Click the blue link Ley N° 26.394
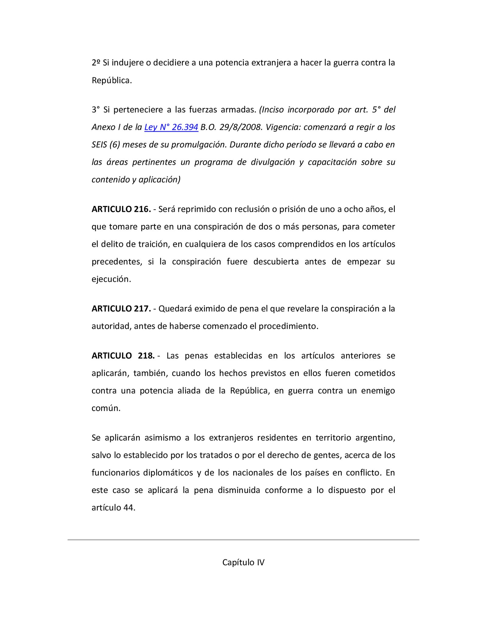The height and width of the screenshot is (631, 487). [x=171, y=127]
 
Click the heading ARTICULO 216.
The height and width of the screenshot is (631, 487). [x=121, y=209]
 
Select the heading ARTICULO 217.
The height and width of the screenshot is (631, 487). [x=121, y=309]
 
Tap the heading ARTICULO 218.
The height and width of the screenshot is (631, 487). [x=123, y=356]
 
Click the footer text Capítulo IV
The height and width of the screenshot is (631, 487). [x=243, y=562]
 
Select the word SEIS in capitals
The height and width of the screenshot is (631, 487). [x=99, y=144]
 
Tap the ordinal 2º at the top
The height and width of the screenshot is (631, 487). [x=96, y=62]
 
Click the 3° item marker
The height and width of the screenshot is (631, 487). [x=96, y=109]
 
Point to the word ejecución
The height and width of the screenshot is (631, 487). [x=111, y=279]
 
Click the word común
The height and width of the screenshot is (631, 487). [x=106, y=408]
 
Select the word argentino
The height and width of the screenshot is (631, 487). [x=375, y=438]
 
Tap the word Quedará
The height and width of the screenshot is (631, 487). [x=175, y=309]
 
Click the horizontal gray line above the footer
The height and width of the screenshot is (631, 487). [x=243, y=540]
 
